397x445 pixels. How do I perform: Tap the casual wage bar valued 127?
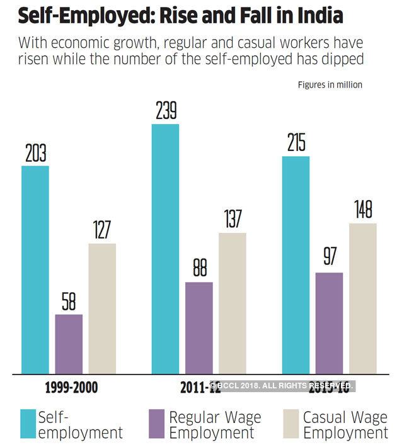[x=102, y=308]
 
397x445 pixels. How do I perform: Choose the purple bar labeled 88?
[x=198, y=328]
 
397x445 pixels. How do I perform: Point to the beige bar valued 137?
[x=232, y=303]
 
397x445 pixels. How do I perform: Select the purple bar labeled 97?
[x=329, y=323]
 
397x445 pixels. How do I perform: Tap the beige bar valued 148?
[x=362, y=298]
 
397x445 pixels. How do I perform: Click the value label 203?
[x=36, y=154]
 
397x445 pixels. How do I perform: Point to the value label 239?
[x=166, y=111]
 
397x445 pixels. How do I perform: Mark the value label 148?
[x=362, y=210]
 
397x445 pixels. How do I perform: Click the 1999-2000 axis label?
[x=72, y=387]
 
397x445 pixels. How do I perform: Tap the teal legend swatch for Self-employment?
[x=28, y=423]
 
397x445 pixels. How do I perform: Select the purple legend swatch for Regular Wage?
[x=156, y=423]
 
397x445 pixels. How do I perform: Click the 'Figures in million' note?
[x=330, y=85]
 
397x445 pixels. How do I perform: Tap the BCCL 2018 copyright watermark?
[x=282, y=385]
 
